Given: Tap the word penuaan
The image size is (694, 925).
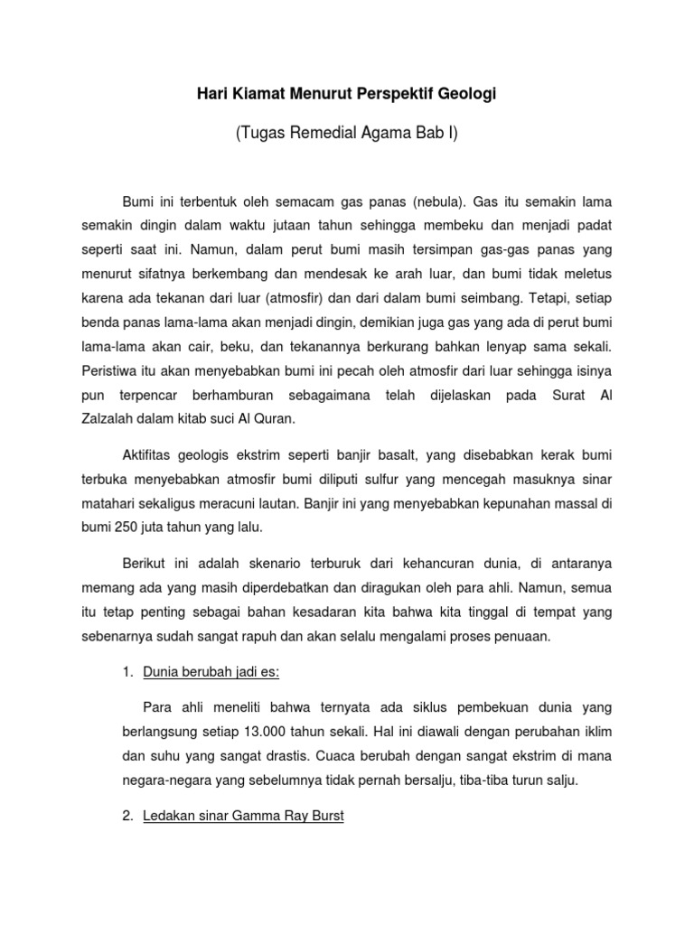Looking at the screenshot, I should [521, 636].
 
